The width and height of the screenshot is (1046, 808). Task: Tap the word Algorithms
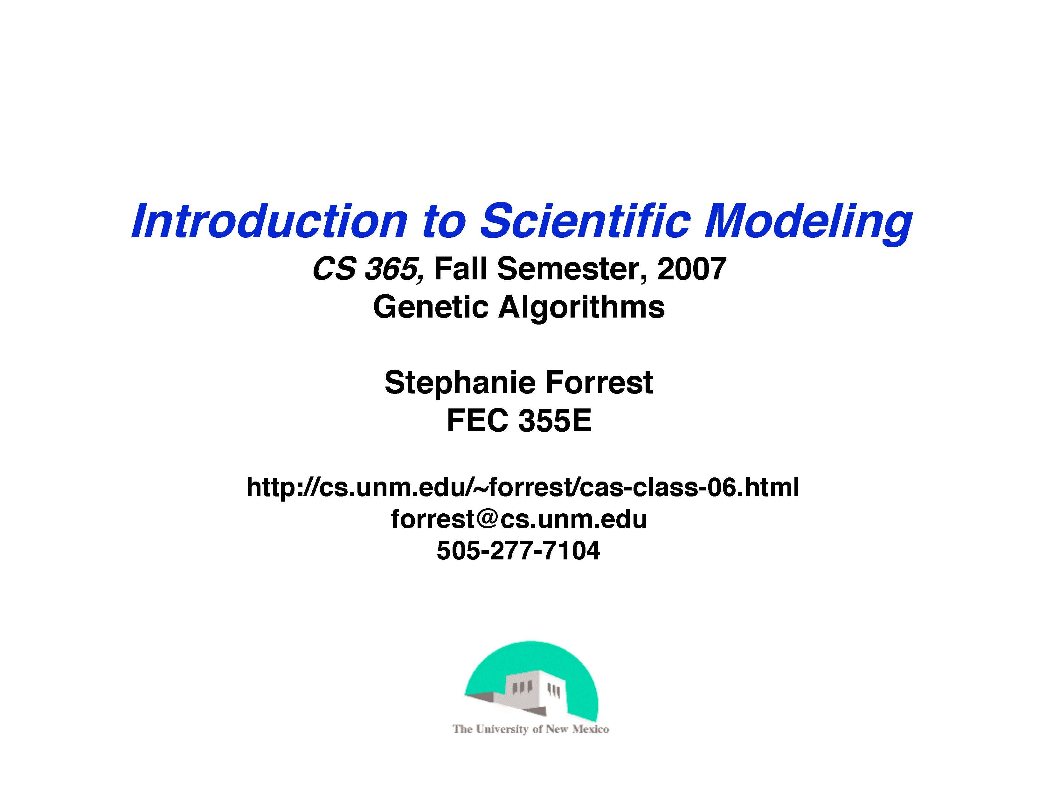[x=581, y=308]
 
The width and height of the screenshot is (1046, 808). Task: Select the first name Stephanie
[x=459, y=383]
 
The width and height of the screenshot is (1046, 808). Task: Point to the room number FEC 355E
[x=519, y=421]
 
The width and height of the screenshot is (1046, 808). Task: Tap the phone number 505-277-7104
[x=518, y=551]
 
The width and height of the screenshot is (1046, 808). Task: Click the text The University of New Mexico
[x=531, y=729]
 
